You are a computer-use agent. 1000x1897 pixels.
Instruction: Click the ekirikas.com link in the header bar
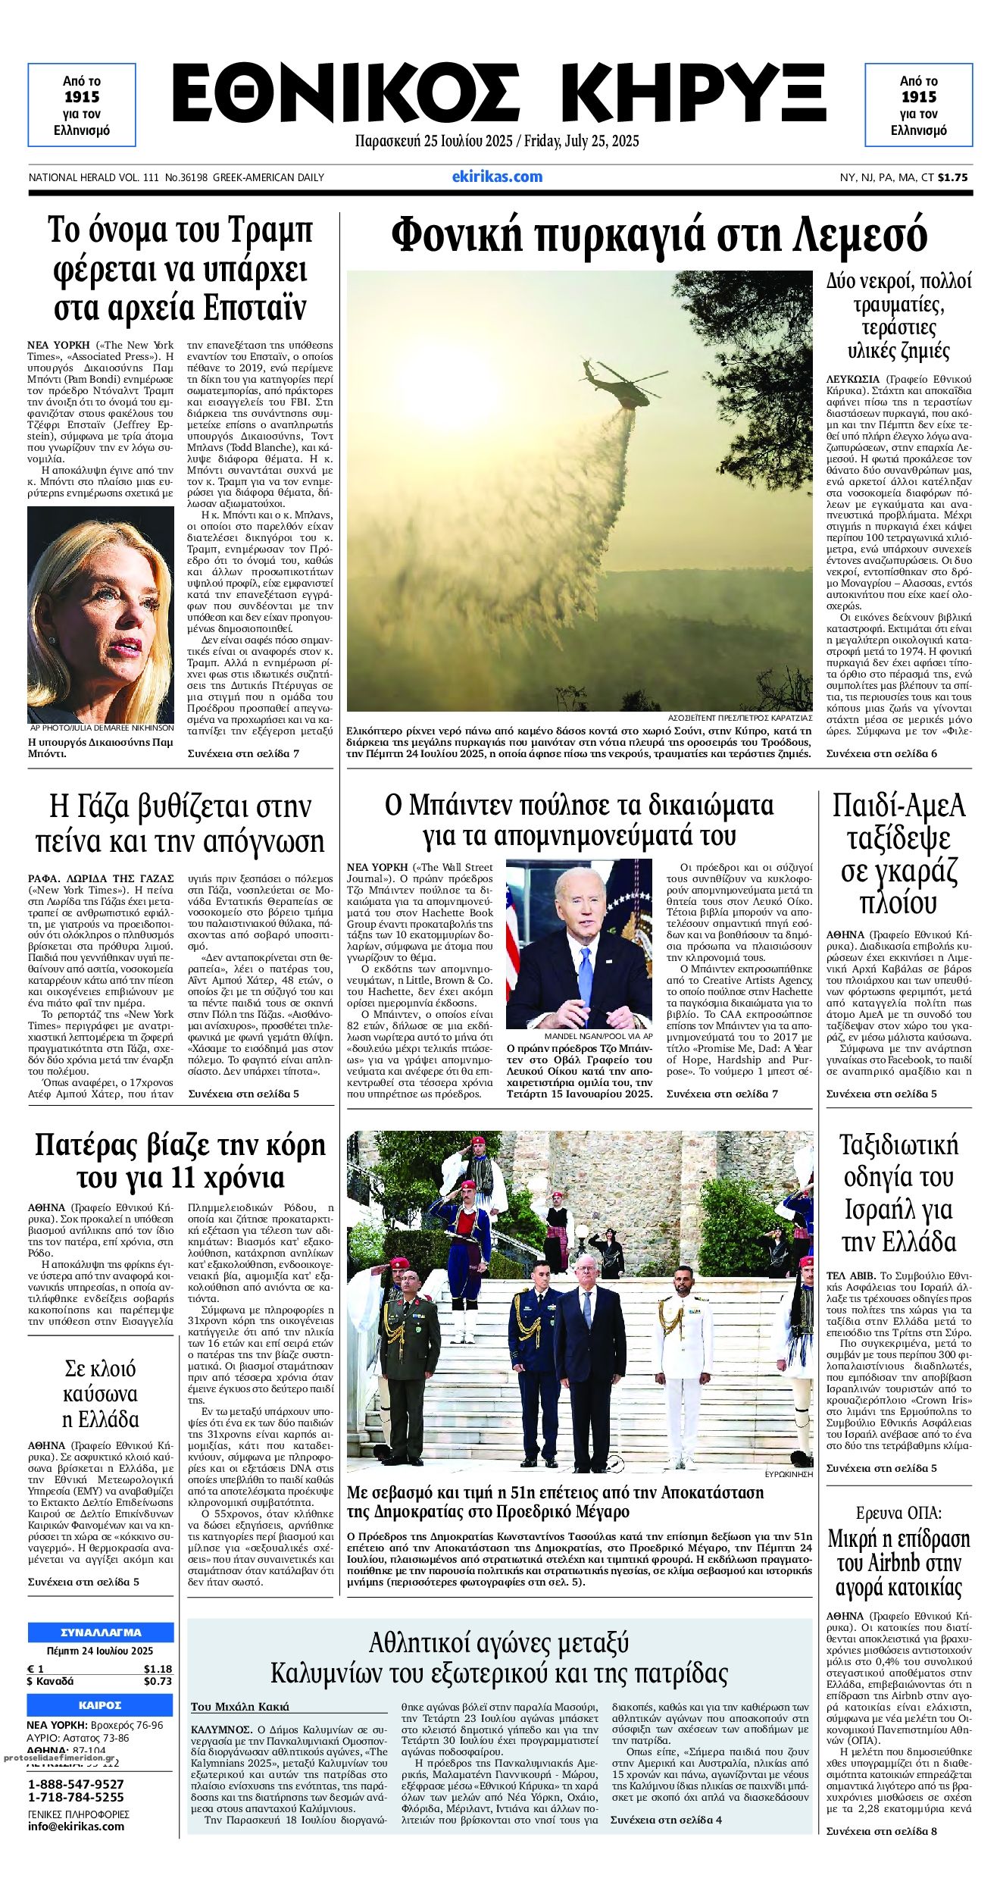point(497,177)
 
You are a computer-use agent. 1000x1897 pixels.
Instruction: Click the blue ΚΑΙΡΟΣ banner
point(101,1705)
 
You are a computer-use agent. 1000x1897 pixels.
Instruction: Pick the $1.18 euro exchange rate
point(158,1668)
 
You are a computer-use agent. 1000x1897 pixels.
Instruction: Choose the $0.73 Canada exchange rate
point(158,1681)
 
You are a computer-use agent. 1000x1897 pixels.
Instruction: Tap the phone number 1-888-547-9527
point(76,1784)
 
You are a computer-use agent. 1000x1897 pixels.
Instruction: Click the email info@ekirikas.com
point(76,1826)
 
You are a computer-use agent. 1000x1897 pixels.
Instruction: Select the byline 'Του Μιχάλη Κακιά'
point(240,1707)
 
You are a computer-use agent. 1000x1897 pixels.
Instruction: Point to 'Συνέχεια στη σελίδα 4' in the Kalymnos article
point(666,1820)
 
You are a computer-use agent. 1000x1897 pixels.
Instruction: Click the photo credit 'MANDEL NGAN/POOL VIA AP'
point(598,1035)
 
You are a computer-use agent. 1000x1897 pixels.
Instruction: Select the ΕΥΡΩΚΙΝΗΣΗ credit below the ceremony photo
point(789,1474)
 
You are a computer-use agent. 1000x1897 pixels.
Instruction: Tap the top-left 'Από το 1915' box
point(82,105)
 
